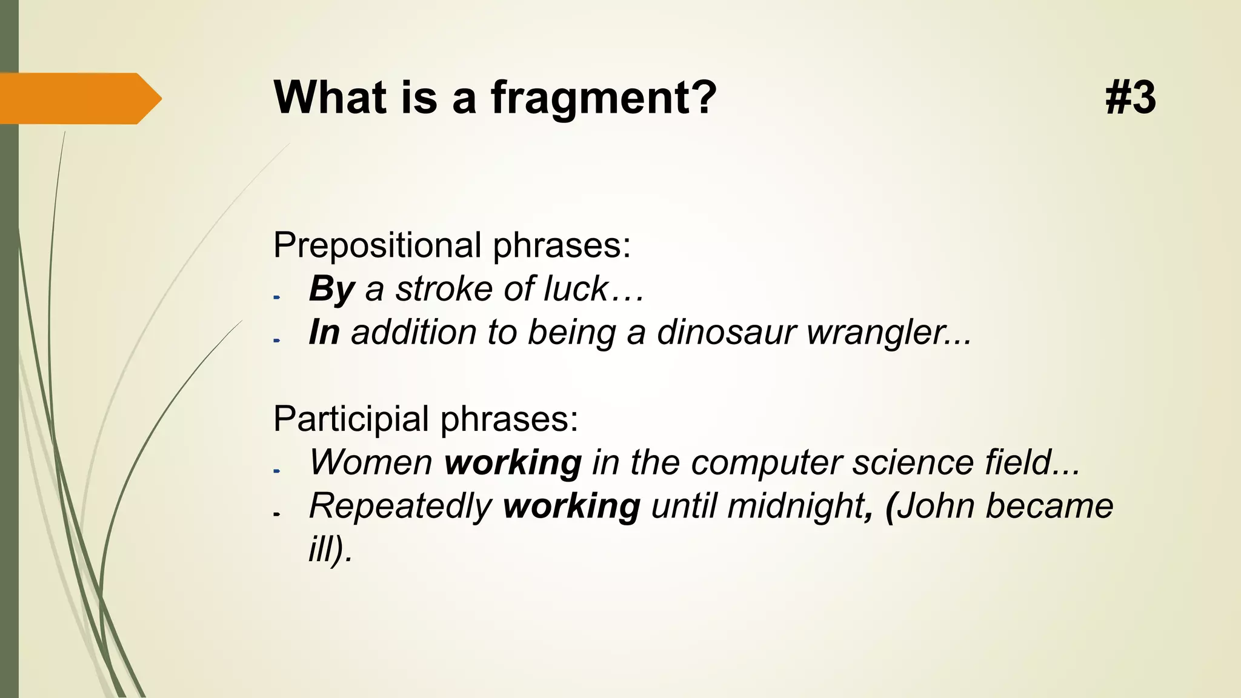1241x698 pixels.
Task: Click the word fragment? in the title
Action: click(604, 98)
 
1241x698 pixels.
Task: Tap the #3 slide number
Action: click(1130, 98)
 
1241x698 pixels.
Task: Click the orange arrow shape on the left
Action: click(79, 98)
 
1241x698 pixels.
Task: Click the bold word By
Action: click(331, 289)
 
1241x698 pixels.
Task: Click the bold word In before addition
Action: click(324, 333)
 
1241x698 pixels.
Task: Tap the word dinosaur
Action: click(726, 333)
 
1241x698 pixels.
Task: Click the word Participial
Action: click(351, 419)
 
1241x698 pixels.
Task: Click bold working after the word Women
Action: click(513, 464)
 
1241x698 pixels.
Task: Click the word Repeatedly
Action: click(400, 507)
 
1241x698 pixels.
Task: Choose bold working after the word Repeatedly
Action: click(571, 507)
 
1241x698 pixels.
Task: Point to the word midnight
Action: click(796, 507)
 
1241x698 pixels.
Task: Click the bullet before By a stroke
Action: click(277, 297)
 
